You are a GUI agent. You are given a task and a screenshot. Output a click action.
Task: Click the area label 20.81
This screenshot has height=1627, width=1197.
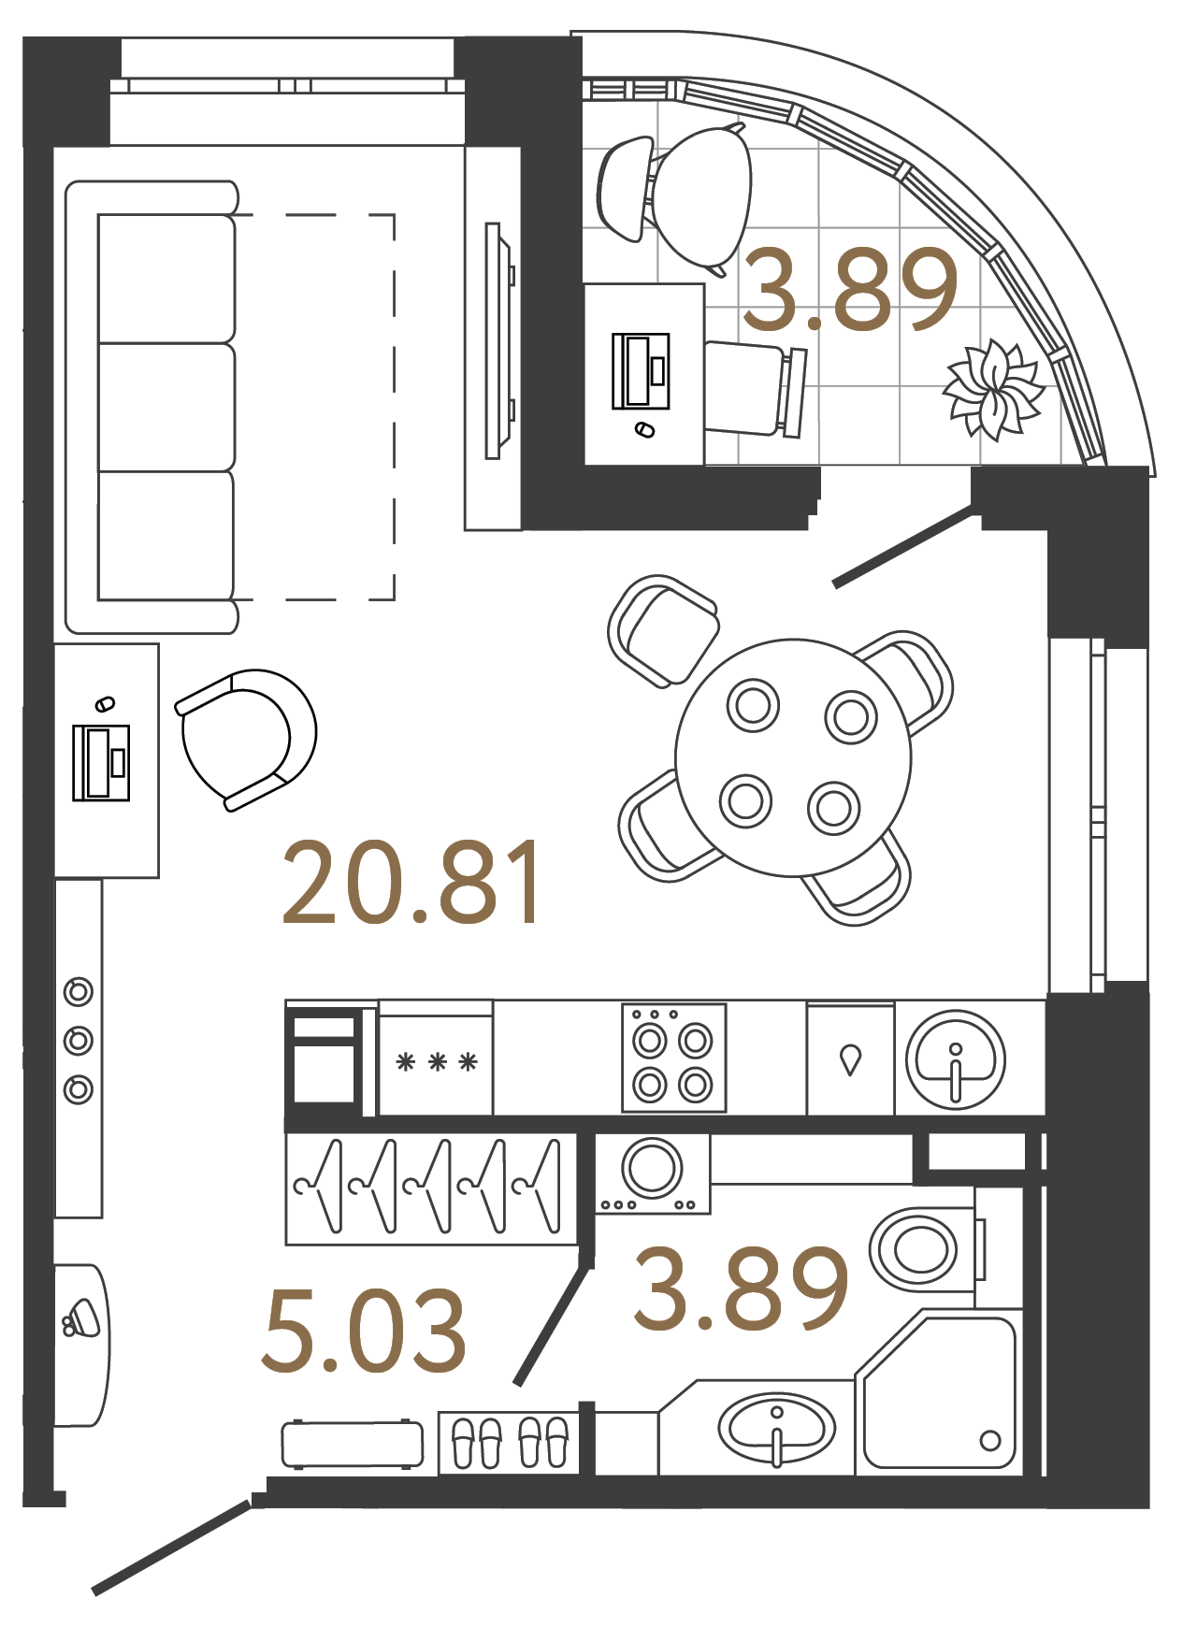coord(411,884)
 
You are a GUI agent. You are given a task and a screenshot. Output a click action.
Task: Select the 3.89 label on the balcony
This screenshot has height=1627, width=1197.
coord(849,290)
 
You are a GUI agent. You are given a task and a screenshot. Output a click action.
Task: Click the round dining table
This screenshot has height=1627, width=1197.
coord(793,757)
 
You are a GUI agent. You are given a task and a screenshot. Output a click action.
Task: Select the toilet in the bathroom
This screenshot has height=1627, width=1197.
coord(921,1248)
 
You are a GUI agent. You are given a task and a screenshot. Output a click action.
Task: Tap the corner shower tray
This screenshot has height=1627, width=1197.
coord(940,1393)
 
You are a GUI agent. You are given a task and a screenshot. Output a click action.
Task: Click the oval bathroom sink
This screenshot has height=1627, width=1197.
coord(776,1428)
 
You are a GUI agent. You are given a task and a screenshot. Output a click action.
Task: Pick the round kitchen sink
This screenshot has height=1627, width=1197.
coord(955,1059)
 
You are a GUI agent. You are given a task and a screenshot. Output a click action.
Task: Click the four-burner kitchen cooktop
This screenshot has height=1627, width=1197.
coord(673,1059)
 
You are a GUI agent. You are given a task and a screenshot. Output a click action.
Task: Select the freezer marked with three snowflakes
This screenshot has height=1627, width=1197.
coord(436,1059)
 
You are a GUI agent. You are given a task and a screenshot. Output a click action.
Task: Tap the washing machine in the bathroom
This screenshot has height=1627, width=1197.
coord(653,1172)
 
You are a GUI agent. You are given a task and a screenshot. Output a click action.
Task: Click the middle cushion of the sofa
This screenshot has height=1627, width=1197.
coord(166,407)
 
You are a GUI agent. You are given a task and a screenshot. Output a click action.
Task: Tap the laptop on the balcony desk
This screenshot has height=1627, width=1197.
coord(642,371)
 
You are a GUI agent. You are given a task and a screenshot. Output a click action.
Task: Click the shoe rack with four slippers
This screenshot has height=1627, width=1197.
coord(509,1441)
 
